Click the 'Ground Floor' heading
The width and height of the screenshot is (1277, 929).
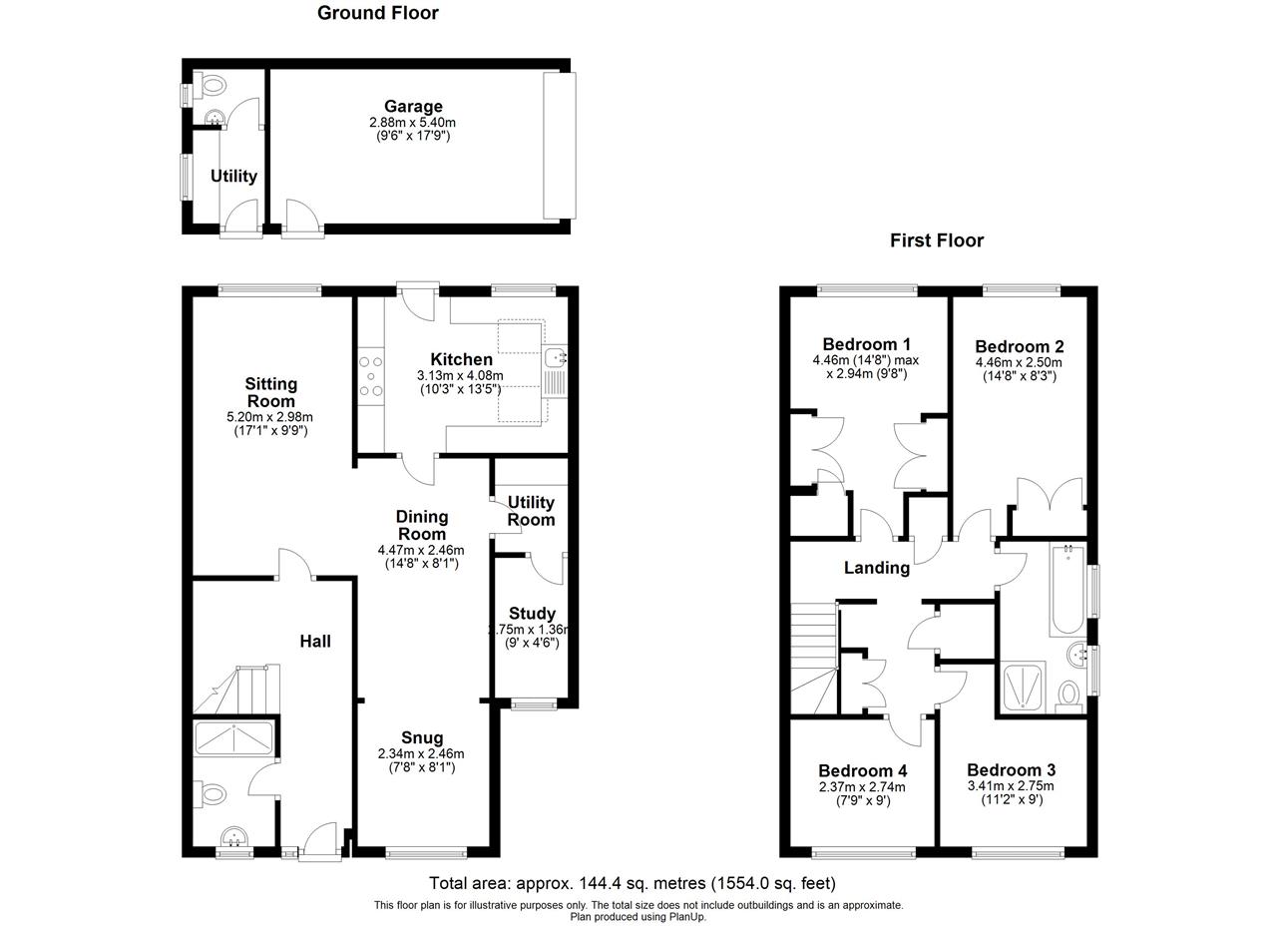377,13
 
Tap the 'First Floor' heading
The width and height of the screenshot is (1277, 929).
936,240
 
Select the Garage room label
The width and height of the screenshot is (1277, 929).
413,107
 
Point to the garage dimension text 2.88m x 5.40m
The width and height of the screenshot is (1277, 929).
412,123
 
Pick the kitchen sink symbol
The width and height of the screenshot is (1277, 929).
556,357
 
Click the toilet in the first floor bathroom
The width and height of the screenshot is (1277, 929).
1068,695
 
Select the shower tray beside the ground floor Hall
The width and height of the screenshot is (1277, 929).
234,737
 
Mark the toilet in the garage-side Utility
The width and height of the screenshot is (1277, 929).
211,88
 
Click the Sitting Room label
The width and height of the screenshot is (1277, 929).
271,392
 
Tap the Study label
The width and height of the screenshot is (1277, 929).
532,614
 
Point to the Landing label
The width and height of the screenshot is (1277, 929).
876,568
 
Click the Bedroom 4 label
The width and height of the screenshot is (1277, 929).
862,771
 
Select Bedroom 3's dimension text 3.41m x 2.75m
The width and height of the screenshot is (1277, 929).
1011,786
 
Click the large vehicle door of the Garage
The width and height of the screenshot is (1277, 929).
559,146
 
